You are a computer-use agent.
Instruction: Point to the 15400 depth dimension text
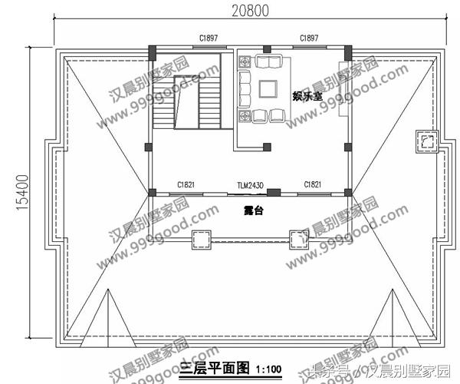point(22,192)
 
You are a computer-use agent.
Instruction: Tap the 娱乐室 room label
point(306,96)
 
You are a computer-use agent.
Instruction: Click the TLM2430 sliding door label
point(250,186)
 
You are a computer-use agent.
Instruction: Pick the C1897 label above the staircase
point(207,38)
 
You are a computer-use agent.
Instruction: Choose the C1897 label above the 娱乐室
point(310,38)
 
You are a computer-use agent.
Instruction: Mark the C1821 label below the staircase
point(186,186)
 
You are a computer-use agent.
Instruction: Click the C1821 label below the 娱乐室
point(312,186)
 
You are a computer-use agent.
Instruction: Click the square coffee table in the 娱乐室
point(268,89)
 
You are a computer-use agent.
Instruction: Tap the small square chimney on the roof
point(427,141)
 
